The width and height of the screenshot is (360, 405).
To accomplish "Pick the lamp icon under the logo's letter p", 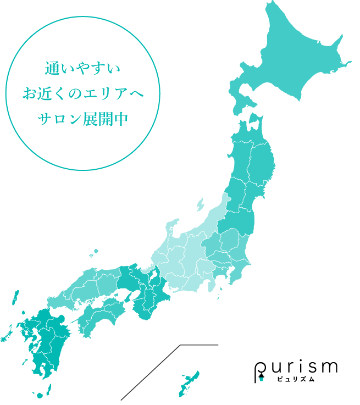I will tap(262, 376).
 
